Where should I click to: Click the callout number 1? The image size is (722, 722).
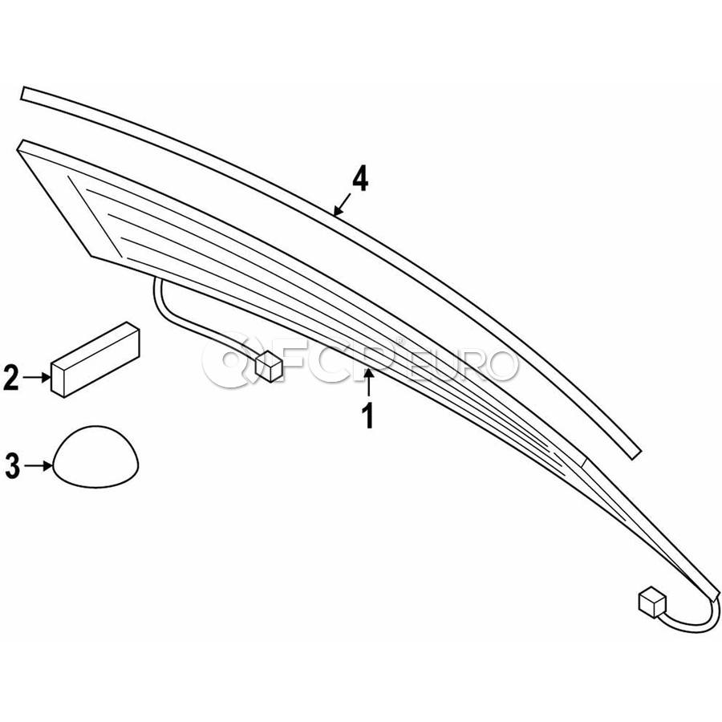click(x=368, y=416)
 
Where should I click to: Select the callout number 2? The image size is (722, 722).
click(x=11, y=378)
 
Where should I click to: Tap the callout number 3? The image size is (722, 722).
click(x=12, y=466)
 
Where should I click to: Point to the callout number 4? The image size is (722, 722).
click(x=360, y=179)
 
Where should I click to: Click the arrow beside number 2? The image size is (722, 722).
click(x=37, y=378)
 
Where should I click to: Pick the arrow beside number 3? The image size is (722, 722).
click(x=39, y=466)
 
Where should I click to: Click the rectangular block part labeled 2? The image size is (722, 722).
click(x=95, y=359)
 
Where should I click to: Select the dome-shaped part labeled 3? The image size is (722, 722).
click(x=95, y=456)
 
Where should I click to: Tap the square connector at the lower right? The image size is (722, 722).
click(x=652, y=602)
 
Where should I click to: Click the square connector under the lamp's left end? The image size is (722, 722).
click(x=269, y=366)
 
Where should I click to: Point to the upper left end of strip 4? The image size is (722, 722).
click(x=23, y=93)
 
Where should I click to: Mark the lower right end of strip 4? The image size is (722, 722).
click(x=636, y=453)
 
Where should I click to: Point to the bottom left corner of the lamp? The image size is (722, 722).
click(x=91, y=256)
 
